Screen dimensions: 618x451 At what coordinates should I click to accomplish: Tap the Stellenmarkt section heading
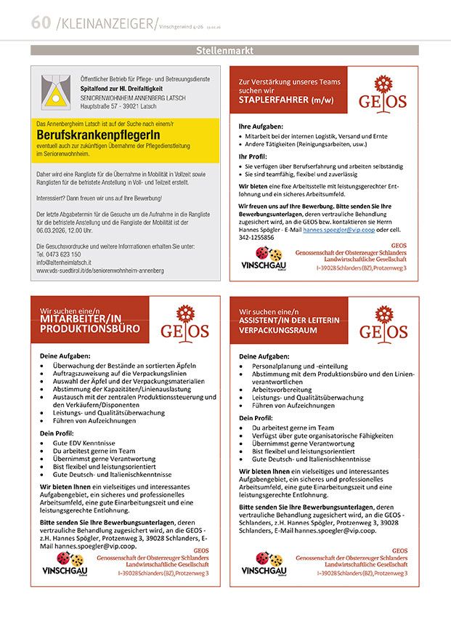224,50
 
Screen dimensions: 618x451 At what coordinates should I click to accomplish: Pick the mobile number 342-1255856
256,237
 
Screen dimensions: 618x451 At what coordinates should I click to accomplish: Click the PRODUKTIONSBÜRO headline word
90,329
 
